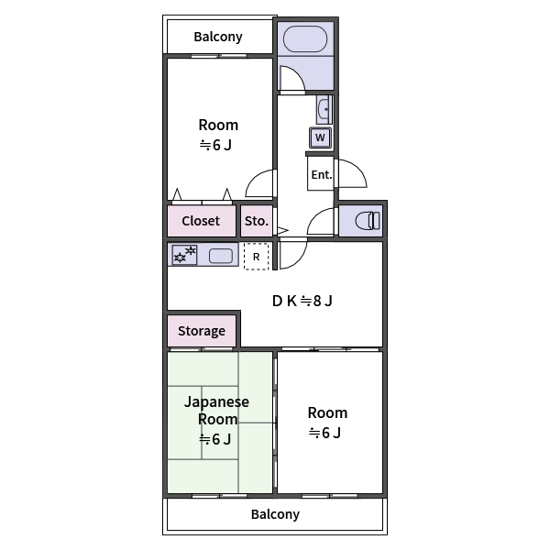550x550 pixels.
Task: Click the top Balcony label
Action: [x=218, y=38]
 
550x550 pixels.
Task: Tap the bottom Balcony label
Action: [x=275, y=514]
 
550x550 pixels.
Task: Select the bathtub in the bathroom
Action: [x=303, y=40]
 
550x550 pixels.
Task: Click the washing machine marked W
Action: [x=320, y=137]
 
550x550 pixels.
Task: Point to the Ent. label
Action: [x=321, y=175]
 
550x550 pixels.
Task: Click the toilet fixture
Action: [x=367, y=221]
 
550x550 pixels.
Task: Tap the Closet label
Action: [x=201, y=221]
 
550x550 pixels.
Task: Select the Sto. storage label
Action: [x=256, y=221]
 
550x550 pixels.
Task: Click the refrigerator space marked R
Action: [x=256, y=257]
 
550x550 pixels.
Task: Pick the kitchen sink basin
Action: [x=221, y=256]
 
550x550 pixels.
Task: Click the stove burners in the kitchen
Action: [x=184, y=255]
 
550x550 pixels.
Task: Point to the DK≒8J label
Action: [x=302, y=300]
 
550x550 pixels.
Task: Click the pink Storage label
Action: [x=202, y=331]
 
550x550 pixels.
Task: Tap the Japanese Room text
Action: [x=216, y=411]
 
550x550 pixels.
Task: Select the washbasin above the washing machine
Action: [x=323, y=111]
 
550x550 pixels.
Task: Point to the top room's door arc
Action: [x=261, y=182]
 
